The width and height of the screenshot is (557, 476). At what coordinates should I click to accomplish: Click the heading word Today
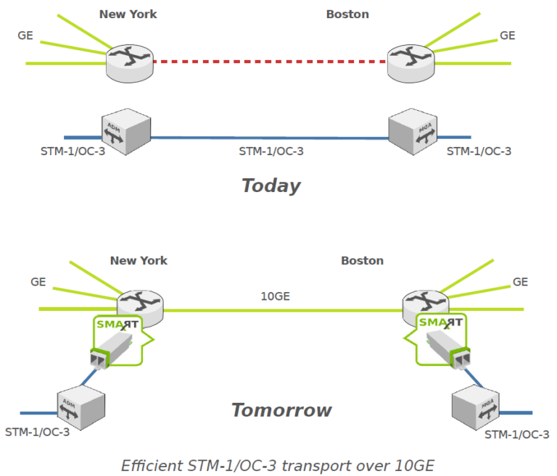tap(271, 185)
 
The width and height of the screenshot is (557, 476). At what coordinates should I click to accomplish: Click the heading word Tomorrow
tap(281, 410)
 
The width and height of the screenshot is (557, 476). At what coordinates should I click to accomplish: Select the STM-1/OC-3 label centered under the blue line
tap(271, 151)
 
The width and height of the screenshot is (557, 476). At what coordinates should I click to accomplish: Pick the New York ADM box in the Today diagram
tap(125, 131)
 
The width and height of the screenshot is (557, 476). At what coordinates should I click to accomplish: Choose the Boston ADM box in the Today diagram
tap(411, 131)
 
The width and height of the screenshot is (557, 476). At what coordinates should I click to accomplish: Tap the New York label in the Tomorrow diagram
tap(139, 260)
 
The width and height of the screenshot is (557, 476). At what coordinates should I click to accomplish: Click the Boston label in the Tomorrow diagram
tap(363, 260)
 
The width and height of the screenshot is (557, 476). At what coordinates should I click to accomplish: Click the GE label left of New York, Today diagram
tap(25, 35)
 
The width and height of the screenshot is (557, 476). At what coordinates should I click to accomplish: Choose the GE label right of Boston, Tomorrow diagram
tap(520, 282)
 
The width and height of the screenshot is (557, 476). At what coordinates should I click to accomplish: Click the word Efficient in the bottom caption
tap(149, 464)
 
